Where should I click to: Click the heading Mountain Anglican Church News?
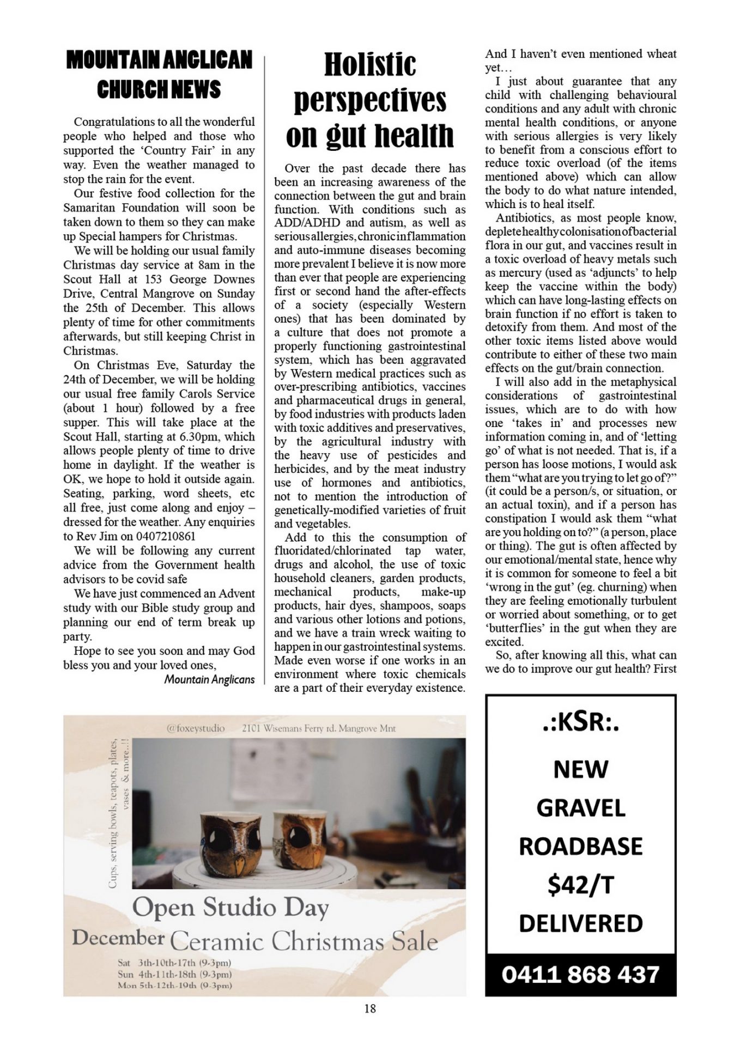tap(159, 75)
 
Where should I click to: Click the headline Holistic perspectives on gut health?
tap(369, 100)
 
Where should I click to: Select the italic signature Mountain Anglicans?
tap(209, 679)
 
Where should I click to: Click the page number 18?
tap(369, 1008)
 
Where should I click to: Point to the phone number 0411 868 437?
tap(580, 975)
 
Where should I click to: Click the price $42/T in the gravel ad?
tap(580, 885)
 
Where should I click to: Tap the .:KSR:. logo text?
tap(580, 723)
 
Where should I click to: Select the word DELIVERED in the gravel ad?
tap(580, 923)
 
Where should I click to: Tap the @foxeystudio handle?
tap(196, 728)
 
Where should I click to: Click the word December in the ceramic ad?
tap(118, 938)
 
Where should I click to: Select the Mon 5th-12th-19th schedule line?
tap(174, 986)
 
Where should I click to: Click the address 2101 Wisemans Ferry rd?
tap(318, 728)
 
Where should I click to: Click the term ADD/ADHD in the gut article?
tap(308, 223)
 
